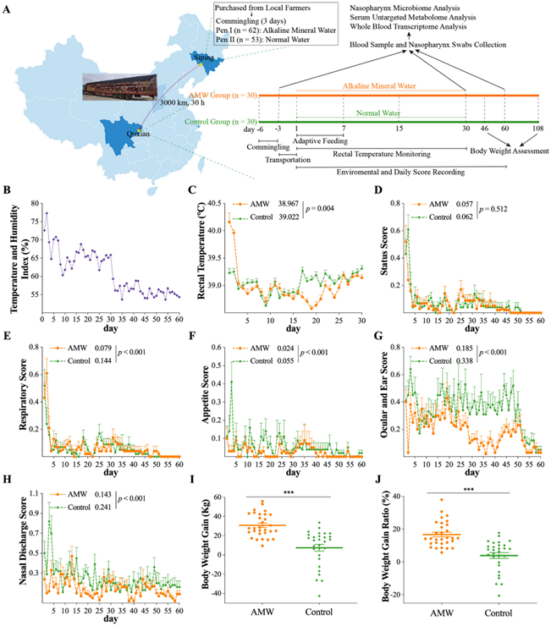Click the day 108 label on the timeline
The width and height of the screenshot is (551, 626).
tap(537, 128)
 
